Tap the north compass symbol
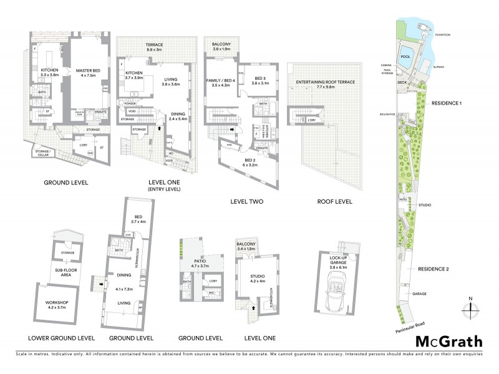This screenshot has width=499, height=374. (470, 307)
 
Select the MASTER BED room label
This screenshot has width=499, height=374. (89, 73)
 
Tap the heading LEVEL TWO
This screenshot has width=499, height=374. (246, 202)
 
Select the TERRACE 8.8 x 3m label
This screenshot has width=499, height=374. (155, 47)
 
